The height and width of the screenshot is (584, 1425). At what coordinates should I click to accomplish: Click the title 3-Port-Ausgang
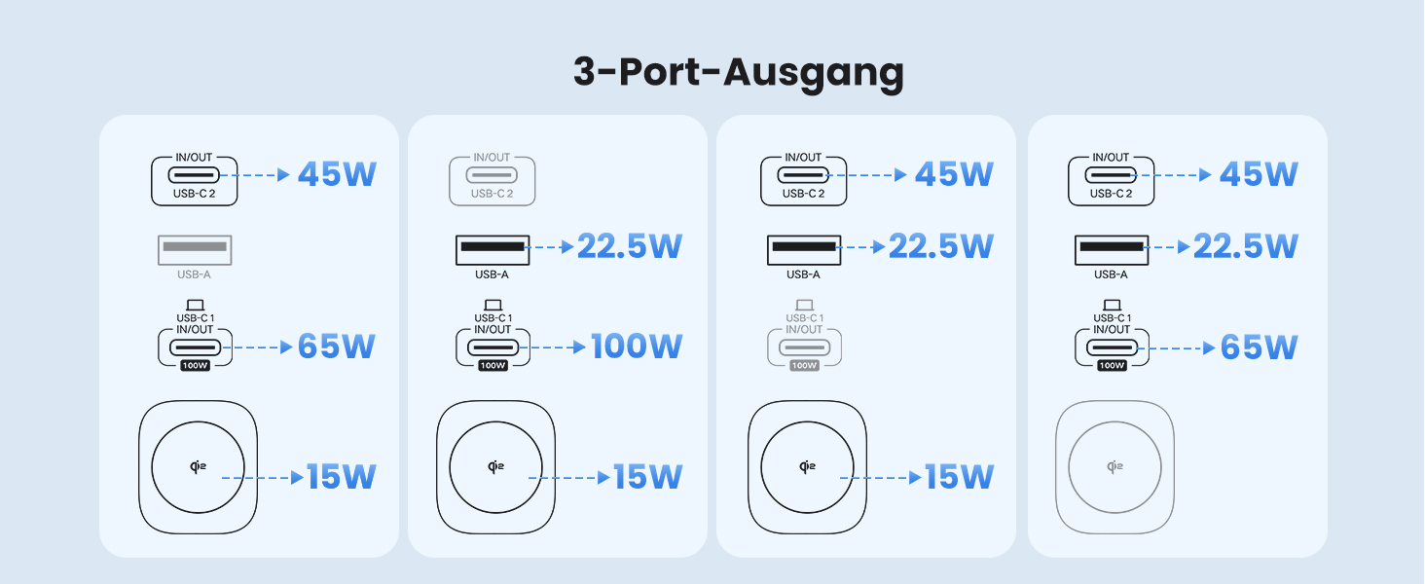738,73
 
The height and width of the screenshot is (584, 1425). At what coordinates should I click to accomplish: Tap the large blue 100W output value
637,347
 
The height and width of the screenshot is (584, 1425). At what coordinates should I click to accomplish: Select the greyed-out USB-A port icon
195,248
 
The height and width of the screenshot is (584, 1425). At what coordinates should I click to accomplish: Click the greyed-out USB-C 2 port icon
492,175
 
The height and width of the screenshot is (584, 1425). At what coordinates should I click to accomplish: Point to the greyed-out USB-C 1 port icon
804,347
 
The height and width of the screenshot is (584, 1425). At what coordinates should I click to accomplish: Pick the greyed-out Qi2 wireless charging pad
1114,467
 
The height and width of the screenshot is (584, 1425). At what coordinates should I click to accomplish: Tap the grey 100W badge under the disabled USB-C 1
804,366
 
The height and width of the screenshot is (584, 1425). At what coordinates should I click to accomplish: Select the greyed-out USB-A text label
194,274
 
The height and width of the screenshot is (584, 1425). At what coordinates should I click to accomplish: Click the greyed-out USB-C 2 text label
492,194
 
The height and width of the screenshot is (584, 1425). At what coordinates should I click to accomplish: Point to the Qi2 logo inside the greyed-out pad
1114,467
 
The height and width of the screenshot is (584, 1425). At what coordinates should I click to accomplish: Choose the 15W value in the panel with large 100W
647,477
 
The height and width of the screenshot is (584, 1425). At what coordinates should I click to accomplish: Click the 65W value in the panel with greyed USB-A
336,347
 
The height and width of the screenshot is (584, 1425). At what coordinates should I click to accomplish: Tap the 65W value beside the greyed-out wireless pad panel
1259,347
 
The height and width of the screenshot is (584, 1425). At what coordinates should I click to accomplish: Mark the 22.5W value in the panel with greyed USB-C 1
940,246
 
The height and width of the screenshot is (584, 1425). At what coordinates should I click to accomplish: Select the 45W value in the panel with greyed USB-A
336,174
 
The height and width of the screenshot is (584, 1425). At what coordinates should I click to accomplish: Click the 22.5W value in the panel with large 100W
629,246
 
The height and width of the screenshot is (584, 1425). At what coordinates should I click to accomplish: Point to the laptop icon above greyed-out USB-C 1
804,306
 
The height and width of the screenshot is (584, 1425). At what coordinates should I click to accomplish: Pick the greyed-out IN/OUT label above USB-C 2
492,158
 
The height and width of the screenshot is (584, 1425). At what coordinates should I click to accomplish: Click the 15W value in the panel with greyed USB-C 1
959,477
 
